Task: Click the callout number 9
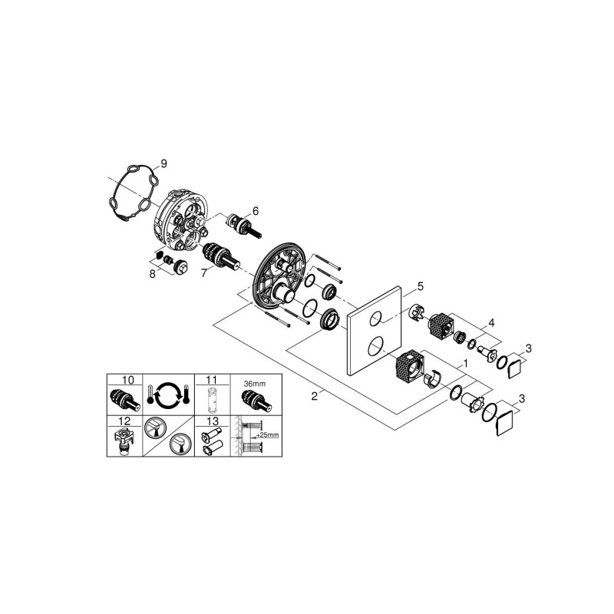163,163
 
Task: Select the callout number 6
256,211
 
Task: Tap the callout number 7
203,273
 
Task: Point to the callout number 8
152,273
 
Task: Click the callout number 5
420,286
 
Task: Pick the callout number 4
491,323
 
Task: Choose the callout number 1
465,364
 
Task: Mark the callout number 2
315,396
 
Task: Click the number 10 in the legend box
127,380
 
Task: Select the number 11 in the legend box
212,380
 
